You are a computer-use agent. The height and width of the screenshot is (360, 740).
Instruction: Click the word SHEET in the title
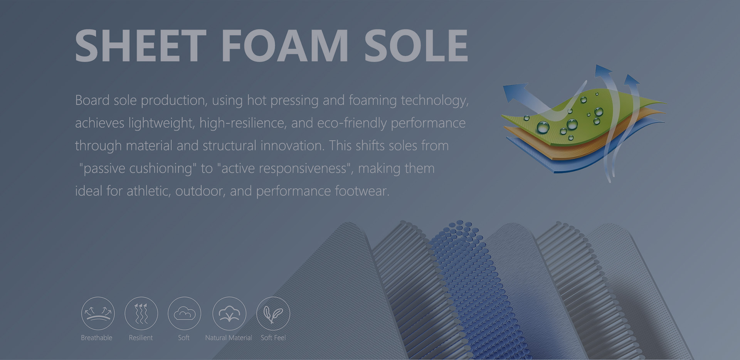coord(141,45)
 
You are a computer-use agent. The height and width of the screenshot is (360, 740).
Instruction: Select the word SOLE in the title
coord(416,45)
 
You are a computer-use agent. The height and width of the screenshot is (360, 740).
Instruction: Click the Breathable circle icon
coord(98,313)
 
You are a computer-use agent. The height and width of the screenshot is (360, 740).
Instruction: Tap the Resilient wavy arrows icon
coord(141,313)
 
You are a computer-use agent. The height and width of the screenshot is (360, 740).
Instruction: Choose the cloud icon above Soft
coord(184,313)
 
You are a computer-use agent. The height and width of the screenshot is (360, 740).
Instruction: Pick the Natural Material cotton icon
coord(229,313)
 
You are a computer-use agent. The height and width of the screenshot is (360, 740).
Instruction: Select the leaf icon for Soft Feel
coord(273,313)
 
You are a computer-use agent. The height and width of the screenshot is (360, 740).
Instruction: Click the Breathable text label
coord(97,338)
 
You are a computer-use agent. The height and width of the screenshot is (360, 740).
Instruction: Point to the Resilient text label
coord(141,338)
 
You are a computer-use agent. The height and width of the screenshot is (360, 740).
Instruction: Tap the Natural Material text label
coord(229,338)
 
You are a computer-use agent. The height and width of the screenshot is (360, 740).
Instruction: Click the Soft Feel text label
coord(273,338)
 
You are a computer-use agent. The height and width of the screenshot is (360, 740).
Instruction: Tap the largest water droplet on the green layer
coord(543,127)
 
